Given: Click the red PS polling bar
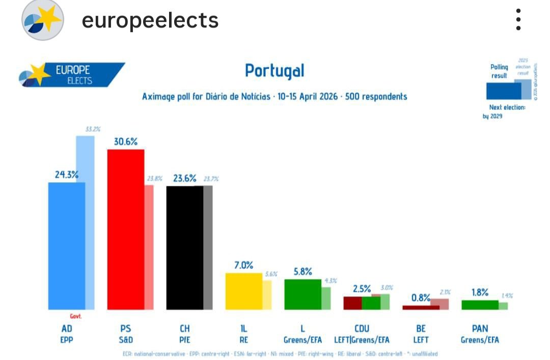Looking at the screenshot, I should pyautogui.click(x=125, y=229).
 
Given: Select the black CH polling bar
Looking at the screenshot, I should pyautogui.click(x=185, y=247).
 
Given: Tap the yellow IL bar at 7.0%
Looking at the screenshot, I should pyautogui.click(x=243, y=291).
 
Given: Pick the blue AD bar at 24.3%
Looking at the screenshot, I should pyautogui.click(x=66, y=245).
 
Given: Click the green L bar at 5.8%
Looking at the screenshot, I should pyautogui.click(x=302, y=294).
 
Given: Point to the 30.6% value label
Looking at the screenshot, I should pyautogui.click(x=125, y=142).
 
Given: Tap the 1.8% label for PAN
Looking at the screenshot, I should pyautogui.click(x=480, y=292).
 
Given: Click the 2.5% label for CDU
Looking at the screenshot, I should pyautogui.click(x=362, y=289).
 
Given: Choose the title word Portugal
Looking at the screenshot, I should pyautogui.click(x=274, y=70).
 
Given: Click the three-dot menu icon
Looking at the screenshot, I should pyautogui.click(x=518, y=20).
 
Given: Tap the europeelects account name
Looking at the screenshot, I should pyautogui.click(x=150, y=20).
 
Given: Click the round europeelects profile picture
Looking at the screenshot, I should pyautogui.click(x=42, y=20).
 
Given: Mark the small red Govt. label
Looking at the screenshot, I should pyautogui.click(x=76, y=316).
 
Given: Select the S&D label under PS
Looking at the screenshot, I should pyautogui.click(x=125, y=340).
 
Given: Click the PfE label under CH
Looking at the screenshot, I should pyautogui.click(x=184, y=340).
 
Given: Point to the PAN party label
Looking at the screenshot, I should pyautogui.click(x=480, y=328).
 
